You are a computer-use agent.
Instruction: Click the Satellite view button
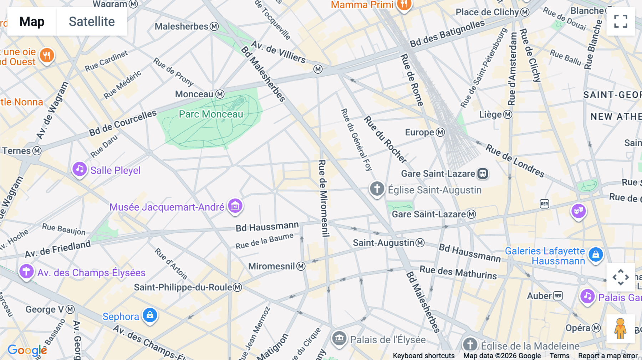point(92,21)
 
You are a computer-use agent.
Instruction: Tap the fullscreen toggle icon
point(621,21)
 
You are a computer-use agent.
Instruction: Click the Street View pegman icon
point(620,329)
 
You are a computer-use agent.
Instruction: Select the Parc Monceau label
point(211,114)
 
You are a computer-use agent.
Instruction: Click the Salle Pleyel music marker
point(80,169)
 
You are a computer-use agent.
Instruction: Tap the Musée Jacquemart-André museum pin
point(235,206)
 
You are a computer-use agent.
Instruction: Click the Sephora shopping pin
point(150,315)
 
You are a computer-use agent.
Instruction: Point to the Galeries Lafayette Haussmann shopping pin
point(595,254)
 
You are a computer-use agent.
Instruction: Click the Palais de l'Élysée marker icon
point(339,338)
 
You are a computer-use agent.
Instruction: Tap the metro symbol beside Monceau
point(220,94)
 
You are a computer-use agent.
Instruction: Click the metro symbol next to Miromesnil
point(301,266)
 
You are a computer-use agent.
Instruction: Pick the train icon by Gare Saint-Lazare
point(483,174)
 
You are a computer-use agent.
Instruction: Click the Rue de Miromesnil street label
point(323,198)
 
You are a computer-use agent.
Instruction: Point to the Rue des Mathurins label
point(458,272)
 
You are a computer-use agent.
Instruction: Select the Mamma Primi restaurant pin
point(404,5)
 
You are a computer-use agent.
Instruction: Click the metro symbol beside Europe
point(440,132)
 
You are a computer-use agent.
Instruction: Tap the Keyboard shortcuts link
point(423,356)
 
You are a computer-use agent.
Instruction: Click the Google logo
point(27,350)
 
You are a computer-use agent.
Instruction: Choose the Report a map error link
point(608,356)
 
